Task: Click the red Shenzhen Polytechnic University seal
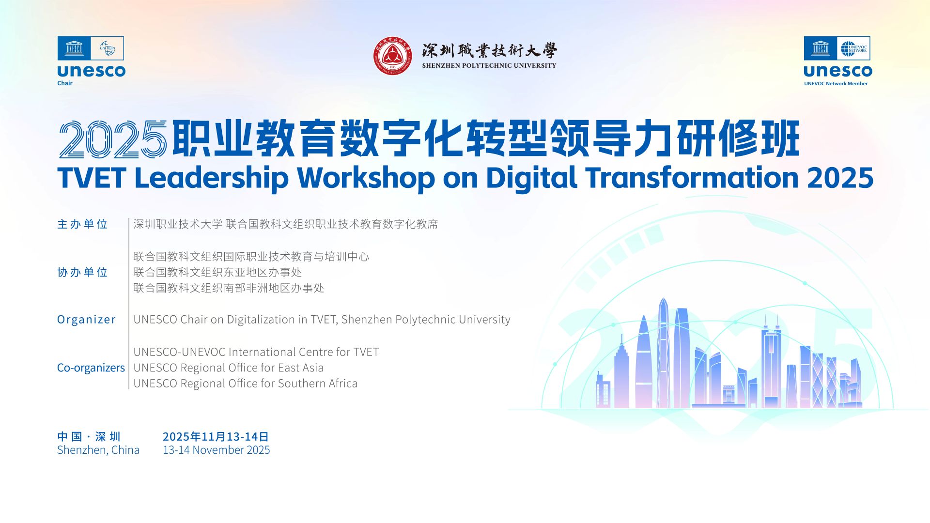(393, 56)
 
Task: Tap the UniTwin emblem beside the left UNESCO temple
(107, 48)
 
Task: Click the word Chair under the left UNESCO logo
(65, 83)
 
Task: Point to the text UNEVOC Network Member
(836, 84)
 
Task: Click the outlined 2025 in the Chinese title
(113, 139)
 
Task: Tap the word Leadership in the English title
(211, 178)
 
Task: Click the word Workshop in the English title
(366, 178)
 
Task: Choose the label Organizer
(86, 320)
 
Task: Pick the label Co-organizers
(91, 368)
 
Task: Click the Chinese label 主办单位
(82, 224)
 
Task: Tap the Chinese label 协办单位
(82, 272)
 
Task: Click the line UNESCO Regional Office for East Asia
(229, 368)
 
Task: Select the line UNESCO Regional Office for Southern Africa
(246, 384)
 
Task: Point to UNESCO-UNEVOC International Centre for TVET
(256, 352)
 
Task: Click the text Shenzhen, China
(98, 450)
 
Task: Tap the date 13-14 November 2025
(217, 450)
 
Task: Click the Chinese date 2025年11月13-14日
(216, 437)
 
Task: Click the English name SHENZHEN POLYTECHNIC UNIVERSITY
(489, 65)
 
